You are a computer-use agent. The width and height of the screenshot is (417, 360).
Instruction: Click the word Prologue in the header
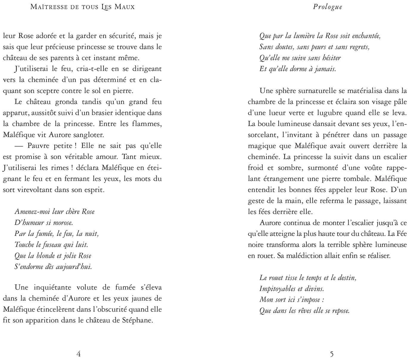[327, 7]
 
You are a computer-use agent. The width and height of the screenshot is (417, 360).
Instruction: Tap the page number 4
[79, 354]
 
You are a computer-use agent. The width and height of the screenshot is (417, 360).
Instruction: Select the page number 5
[332, 354]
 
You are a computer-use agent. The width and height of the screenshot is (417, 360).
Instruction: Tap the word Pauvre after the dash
[39, 146]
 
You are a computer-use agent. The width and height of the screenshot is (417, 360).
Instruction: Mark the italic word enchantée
[366, 36]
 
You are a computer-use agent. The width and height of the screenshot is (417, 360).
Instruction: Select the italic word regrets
[358, 47]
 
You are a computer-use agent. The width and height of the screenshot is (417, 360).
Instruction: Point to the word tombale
[358, 179]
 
